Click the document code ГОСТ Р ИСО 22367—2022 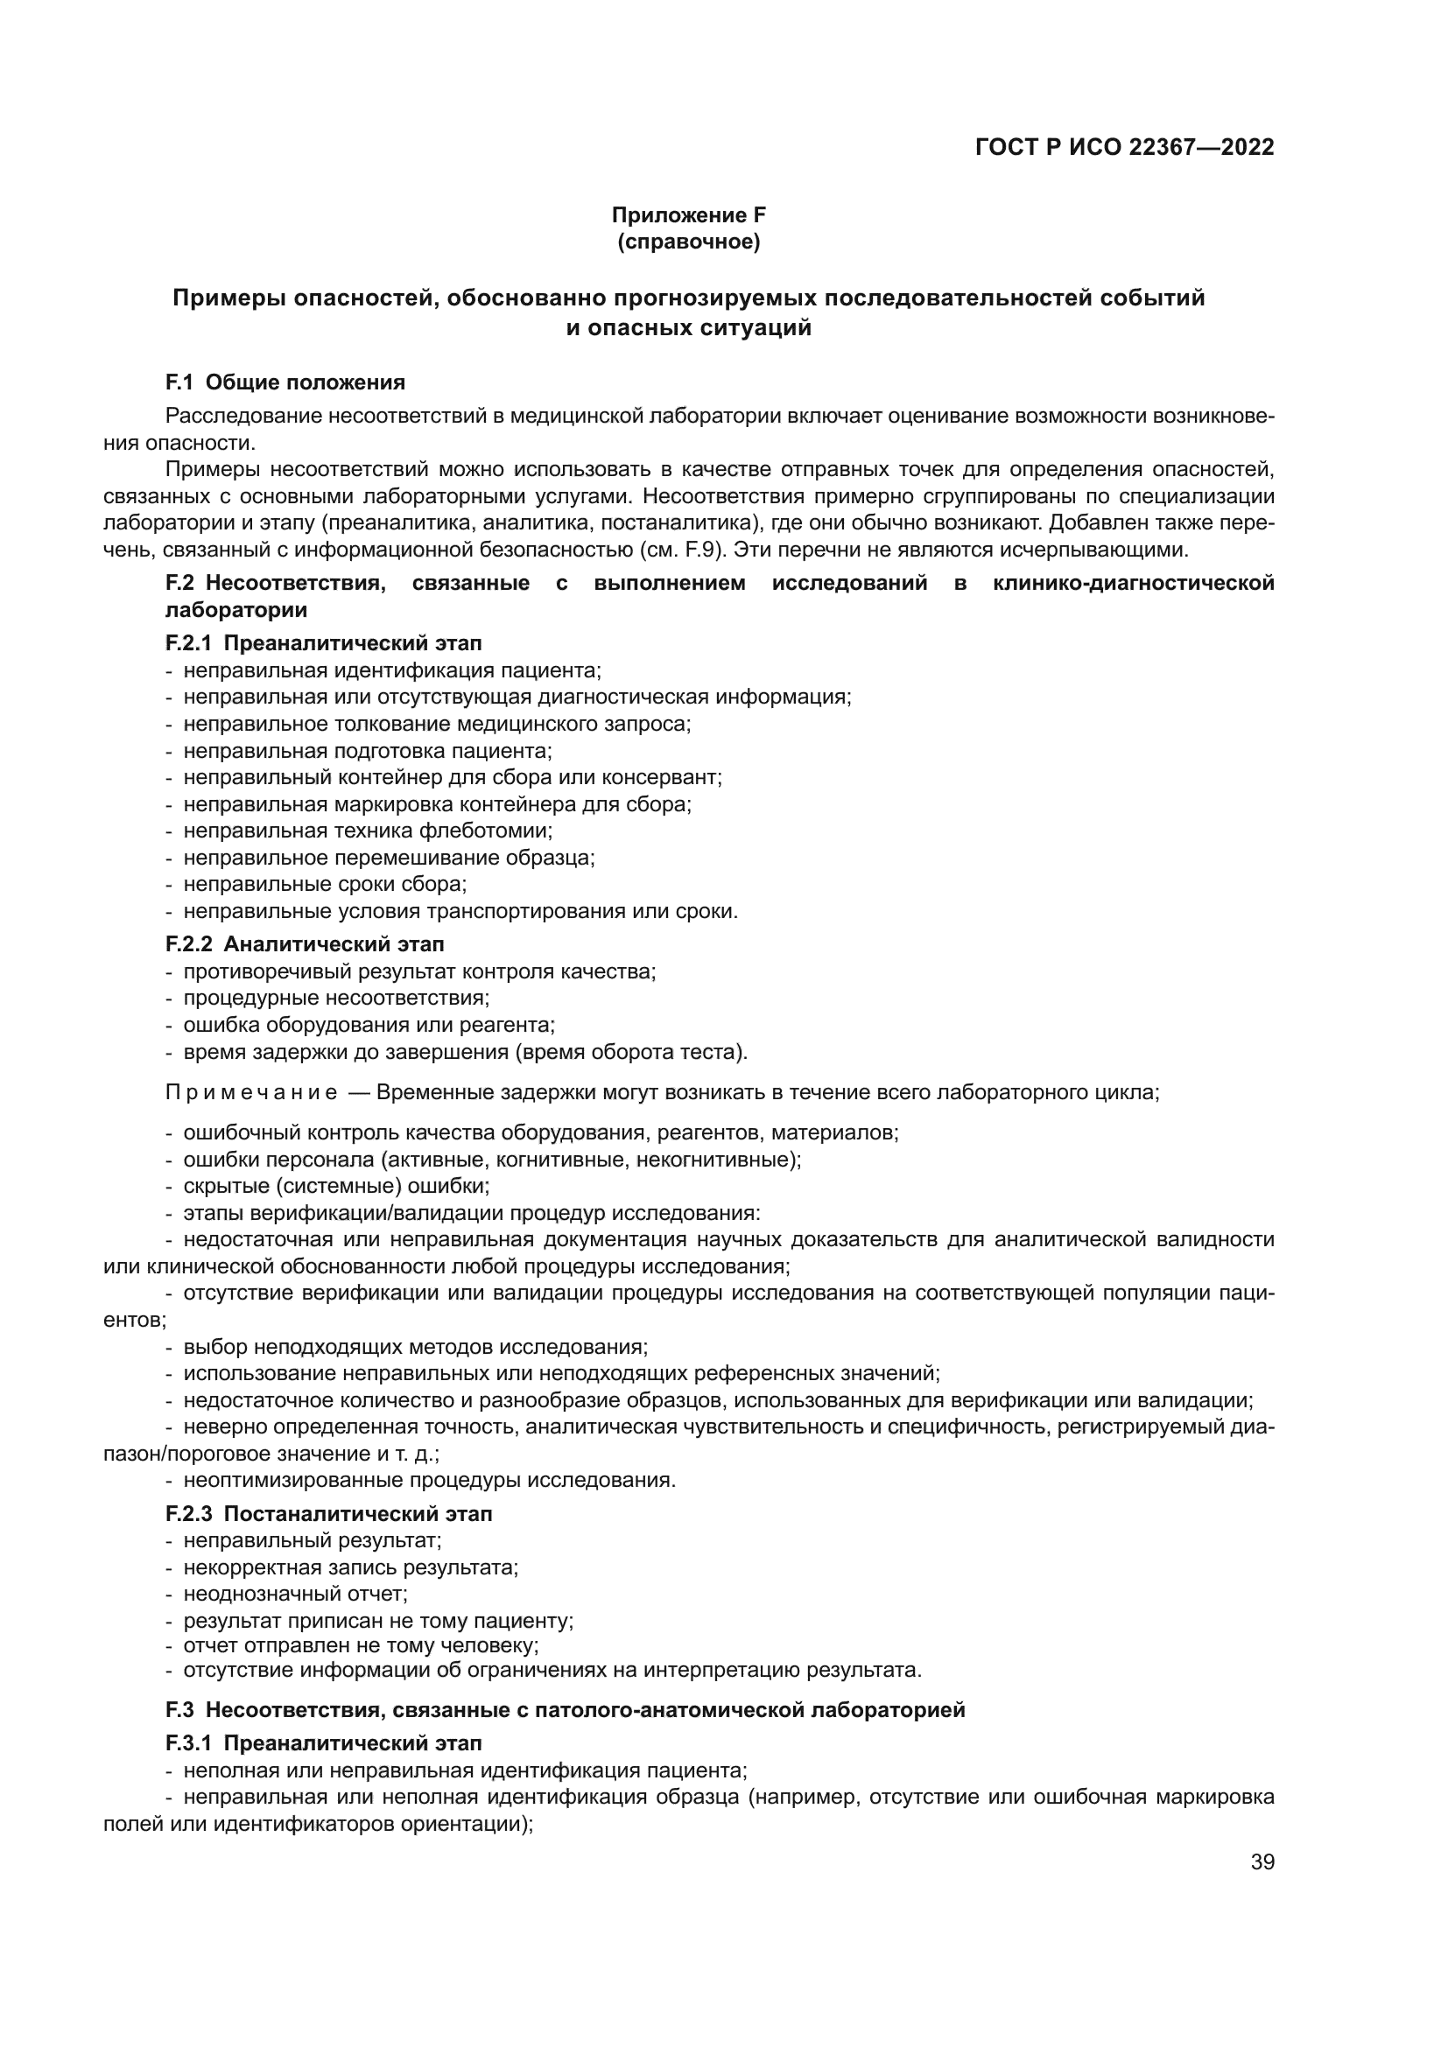(1124, 147)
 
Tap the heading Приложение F (688, 215)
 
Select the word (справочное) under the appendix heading (688, 242)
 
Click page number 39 (1262, 1862)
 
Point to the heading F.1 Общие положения (285, 382)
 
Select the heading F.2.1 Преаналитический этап (324, 643)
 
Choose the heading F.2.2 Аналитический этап (305, 943)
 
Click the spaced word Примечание (251, 1093)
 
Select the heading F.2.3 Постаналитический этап (329, 1514)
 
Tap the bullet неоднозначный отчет (295, 1593)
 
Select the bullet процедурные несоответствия (336, 998)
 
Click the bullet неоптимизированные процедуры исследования (429, 1480)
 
